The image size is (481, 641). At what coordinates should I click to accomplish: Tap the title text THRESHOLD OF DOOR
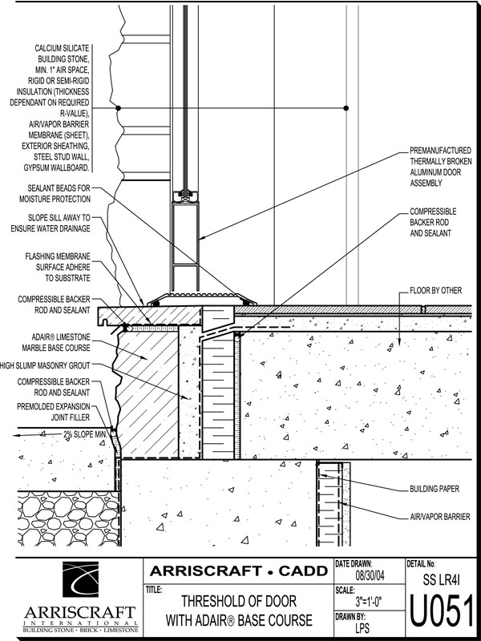(238, 601)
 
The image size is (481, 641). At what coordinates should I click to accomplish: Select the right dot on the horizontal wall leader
(346, 107)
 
